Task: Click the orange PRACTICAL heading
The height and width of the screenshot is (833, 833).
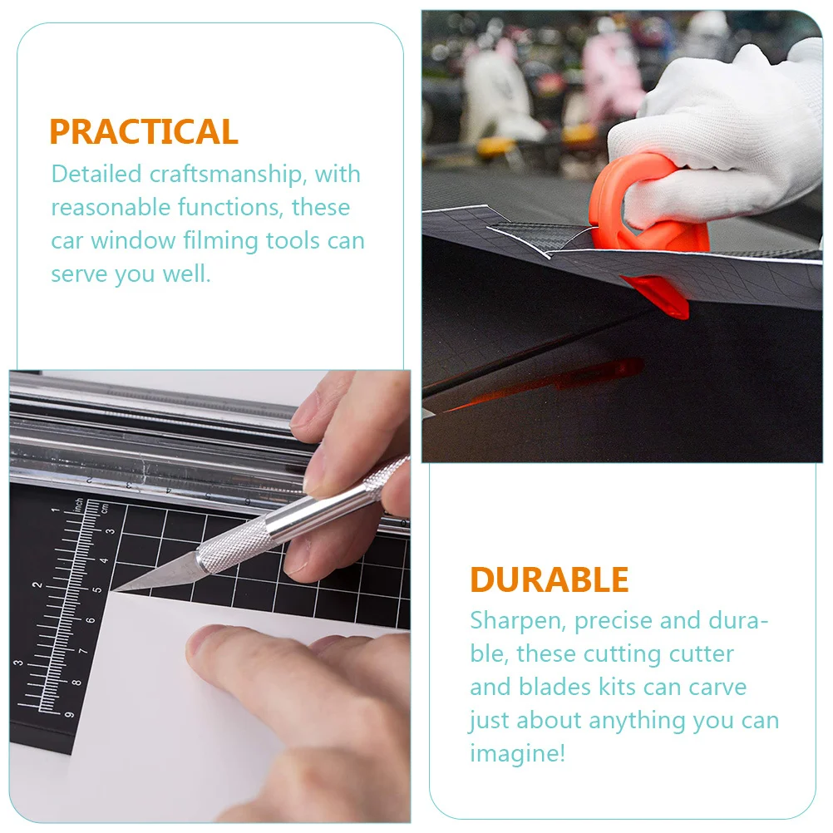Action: pos(144,132)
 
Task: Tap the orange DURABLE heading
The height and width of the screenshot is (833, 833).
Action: pos(550,580)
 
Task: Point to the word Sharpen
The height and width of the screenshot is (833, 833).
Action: pos(518,621)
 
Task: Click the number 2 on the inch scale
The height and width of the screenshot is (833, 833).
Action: pos(37,585)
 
